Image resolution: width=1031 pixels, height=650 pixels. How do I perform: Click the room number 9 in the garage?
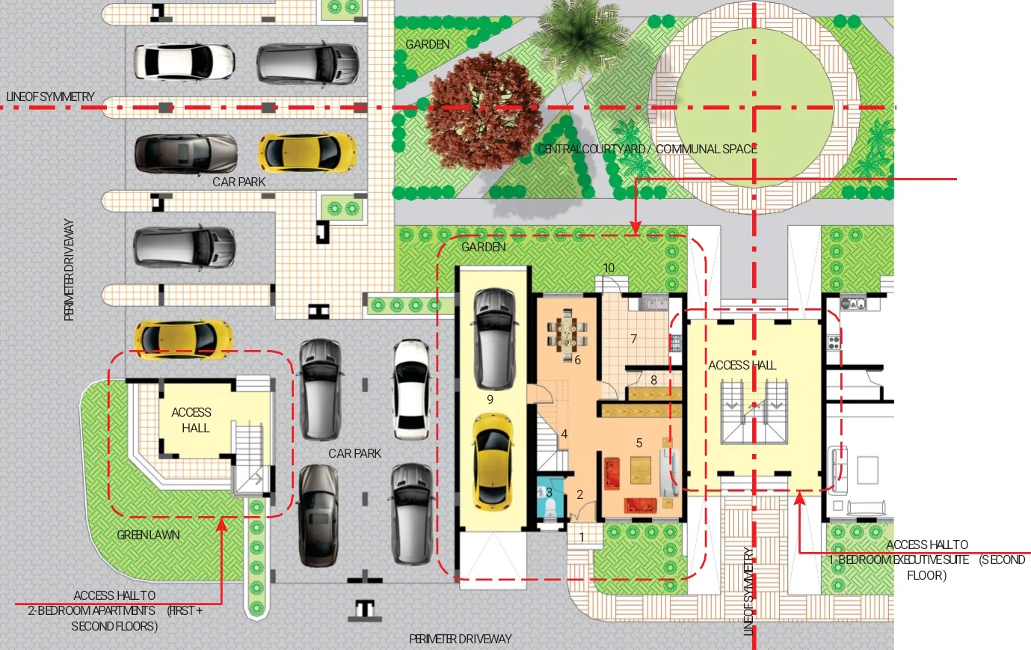click(x=490, y=399)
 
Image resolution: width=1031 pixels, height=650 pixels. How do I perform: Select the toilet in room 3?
click(x=550, y=508)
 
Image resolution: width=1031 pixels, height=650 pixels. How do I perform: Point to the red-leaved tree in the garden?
click(x=483, y=111)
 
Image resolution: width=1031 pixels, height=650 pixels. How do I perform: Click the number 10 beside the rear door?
click(x=609, y=268)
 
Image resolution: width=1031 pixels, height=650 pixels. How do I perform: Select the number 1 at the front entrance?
click(x=582, y=537)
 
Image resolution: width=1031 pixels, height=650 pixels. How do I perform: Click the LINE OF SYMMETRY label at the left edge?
click(x=50, y=96)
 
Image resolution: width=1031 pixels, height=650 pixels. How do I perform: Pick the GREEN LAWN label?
click(x=148, y=535)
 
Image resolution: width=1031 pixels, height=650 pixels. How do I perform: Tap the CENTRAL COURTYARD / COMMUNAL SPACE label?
click(x=647, y=149)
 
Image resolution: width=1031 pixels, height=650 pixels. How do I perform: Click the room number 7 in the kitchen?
click(x=634, y=339)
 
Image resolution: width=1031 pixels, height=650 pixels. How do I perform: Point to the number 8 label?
click(x=653, y=380)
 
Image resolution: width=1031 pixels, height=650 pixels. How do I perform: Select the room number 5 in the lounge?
click(x=638, y=443)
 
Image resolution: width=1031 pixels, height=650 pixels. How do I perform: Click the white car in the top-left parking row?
click(x=184, y=61)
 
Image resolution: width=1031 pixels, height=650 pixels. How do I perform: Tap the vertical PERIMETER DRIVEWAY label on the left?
click(x=69, y=270)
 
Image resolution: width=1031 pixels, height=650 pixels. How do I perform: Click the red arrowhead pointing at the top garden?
click(x=635, y=227)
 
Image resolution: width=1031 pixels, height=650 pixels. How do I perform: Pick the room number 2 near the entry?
click(x=580, y=494)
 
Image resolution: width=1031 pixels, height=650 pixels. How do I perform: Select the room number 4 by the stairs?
click(x=564, y=434)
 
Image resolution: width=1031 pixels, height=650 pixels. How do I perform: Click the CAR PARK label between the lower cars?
click(x=354, y=453)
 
